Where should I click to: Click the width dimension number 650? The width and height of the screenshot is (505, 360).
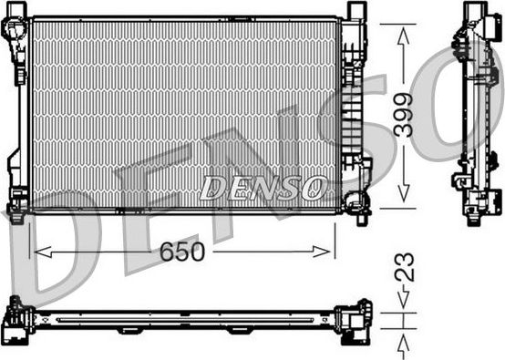click(x=182, y=250)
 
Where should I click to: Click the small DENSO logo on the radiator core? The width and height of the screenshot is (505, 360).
click(x=263, y=188)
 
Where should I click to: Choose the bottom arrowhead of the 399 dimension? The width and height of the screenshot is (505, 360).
click(x=403, y=199)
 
